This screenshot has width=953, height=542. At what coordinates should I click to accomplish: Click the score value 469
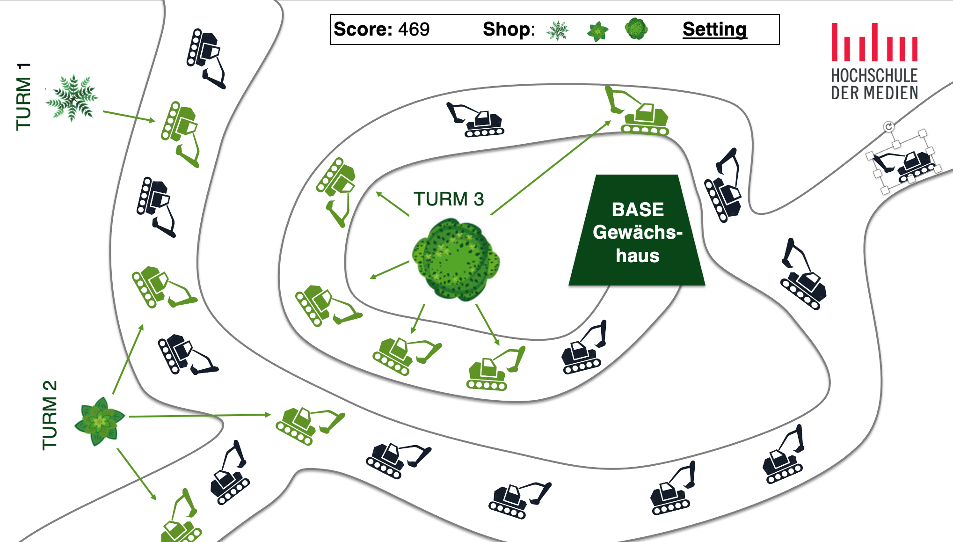point(414,29)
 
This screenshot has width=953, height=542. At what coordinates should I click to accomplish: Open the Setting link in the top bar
point(714,29)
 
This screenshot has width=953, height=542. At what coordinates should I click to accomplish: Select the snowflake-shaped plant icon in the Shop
point(557,30)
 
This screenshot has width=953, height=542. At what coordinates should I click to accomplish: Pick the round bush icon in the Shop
point(636,29)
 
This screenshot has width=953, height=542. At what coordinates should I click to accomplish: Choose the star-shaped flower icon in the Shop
point(597,31)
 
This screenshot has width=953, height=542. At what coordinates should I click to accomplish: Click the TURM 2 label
point(50,415)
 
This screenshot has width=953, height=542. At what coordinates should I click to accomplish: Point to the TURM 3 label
point(448,199)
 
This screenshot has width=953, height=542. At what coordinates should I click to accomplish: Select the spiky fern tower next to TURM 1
point(72,98)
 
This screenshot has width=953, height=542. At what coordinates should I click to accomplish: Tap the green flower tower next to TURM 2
point(99,421)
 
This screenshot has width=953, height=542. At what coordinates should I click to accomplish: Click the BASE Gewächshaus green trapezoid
point(637,232)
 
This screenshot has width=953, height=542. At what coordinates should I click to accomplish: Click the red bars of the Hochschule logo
point(873,43)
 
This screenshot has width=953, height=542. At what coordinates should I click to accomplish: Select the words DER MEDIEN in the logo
point(874,93)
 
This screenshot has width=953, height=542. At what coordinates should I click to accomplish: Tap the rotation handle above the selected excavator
point(888,126)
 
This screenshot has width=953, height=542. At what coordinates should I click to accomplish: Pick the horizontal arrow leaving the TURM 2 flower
point(199,415)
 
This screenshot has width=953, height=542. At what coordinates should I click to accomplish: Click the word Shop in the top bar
point(508,29)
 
